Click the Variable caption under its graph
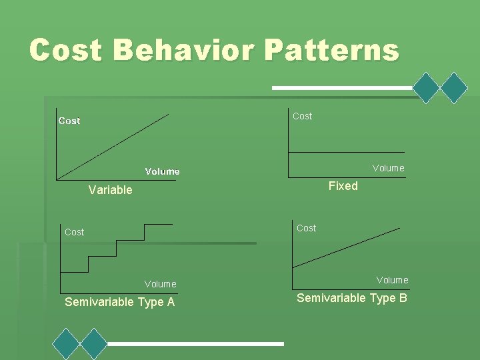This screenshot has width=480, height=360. (110, 190)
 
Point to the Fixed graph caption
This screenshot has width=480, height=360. (343, 186)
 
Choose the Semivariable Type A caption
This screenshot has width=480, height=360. (119, 302)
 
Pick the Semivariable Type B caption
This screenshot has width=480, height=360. (351, 298)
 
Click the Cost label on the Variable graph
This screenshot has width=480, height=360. (69, 121)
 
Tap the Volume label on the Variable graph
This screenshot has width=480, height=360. (162, 171)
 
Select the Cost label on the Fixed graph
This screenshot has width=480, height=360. (302, 116)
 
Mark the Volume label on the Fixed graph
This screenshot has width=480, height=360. (388, 168)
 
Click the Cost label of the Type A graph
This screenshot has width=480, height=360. (74, 232)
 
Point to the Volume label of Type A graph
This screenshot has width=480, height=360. (160, 284)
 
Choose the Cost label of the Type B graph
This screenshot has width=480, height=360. (306, 228)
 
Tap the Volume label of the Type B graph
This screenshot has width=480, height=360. (392, 280)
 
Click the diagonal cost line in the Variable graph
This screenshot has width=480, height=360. (113, 146)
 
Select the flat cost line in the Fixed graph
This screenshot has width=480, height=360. (346, 153)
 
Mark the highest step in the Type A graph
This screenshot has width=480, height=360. (159, 224)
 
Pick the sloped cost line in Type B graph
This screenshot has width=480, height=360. (347, 247)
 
